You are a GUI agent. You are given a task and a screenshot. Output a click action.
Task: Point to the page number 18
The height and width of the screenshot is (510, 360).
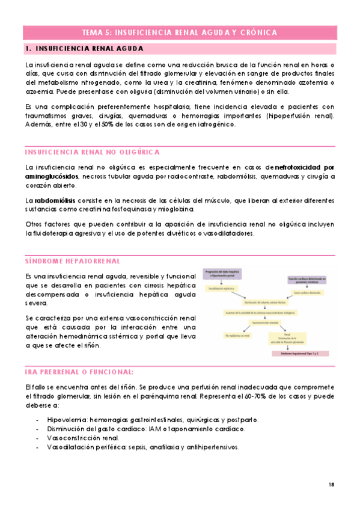[x=332, y=484]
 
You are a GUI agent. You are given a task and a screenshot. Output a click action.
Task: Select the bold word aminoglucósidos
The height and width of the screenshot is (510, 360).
[x=52, y=176]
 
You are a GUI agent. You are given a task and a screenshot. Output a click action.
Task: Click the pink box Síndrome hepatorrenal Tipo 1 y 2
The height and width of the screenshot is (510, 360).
[x=299, y=354]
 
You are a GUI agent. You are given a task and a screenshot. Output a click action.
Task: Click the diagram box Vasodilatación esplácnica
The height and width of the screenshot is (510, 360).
[x=221, y=289]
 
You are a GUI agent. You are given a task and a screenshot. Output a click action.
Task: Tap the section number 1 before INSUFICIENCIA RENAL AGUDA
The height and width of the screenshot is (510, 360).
[x=28, y=49]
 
